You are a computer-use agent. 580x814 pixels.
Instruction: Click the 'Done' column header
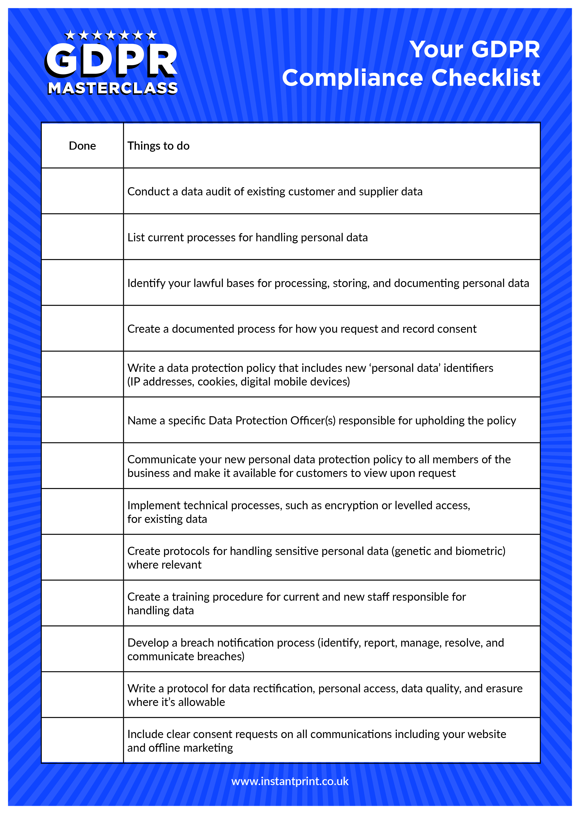point(82,146)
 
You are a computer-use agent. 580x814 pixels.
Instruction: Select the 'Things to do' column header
point(158,146)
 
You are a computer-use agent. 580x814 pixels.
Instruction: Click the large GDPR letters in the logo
point(111,60)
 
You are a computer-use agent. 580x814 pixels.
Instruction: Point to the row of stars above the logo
point(111,35)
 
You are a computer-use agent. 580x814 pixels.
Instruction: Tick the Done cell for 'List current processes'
point(82,237)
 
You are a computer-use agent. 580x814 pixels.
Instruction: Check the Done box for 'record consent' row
point(82,328)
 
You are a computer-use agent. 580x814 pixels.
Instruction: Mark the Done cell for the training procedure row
point(82,603)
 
